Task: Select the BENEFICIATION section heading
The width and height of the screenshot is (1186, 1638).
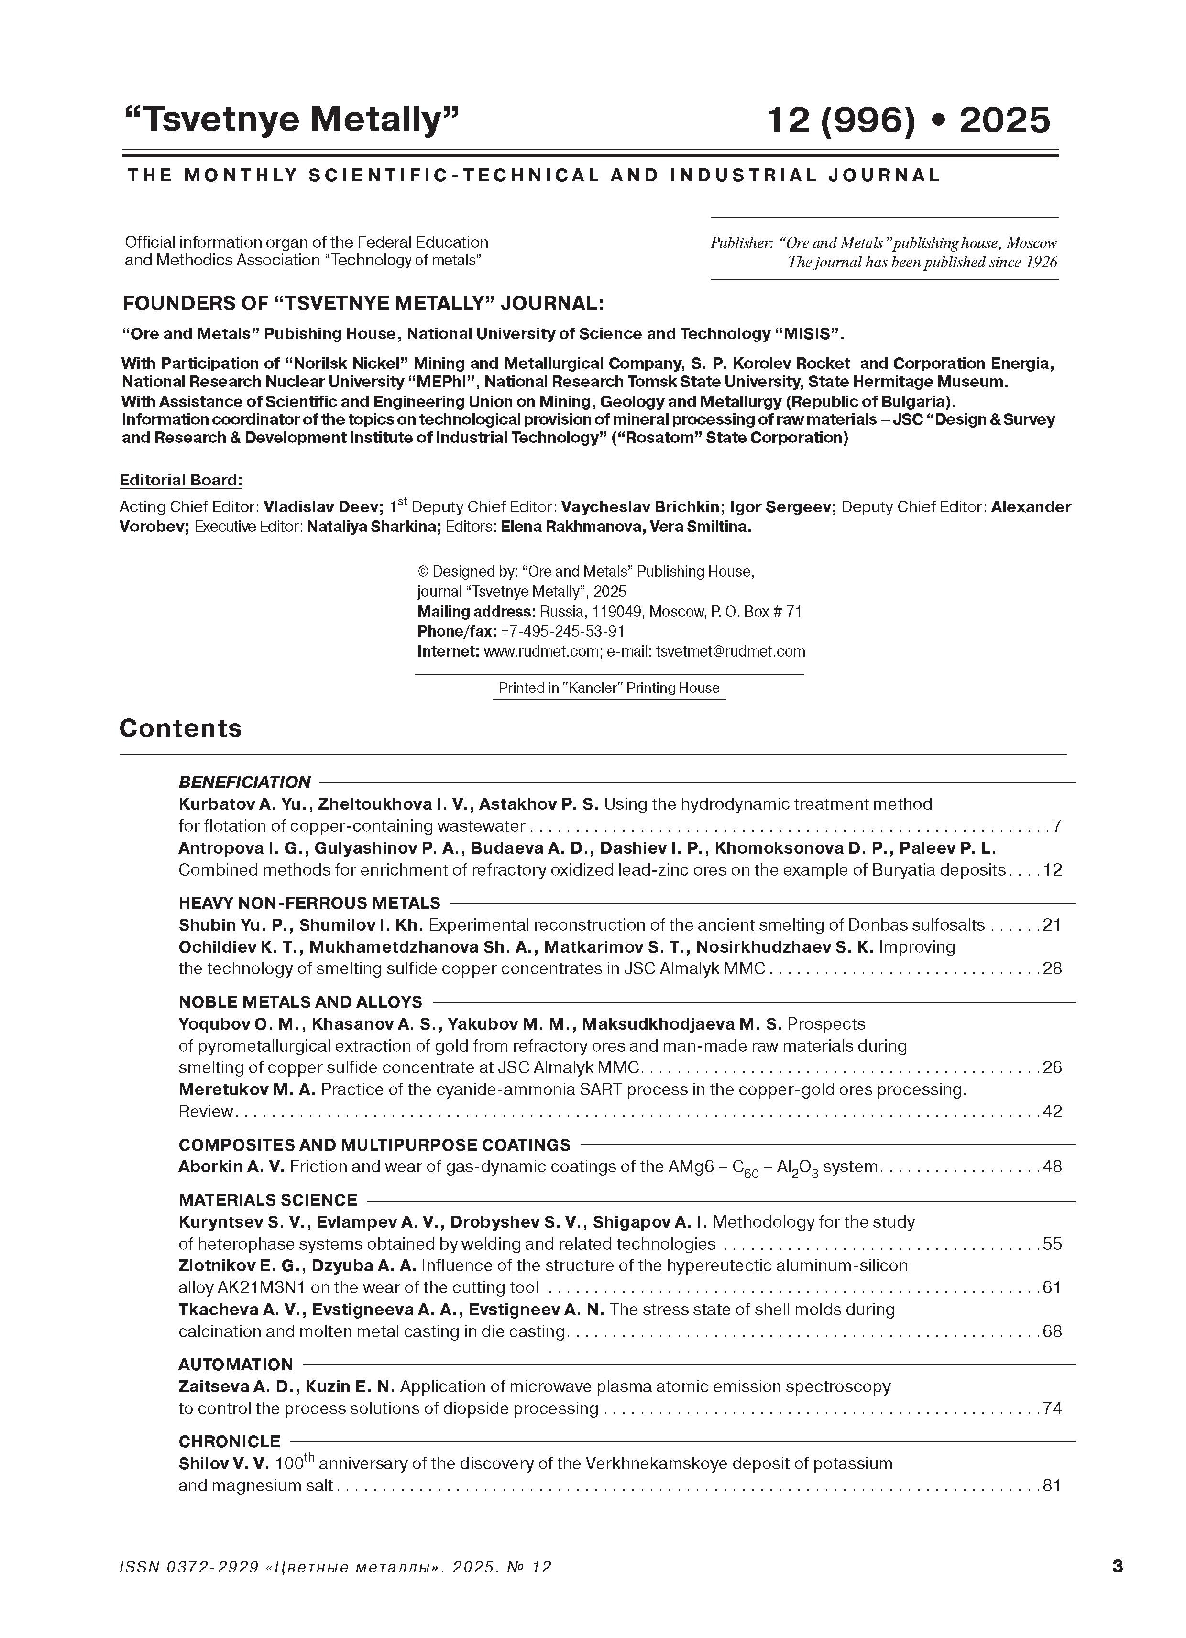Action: coord(244,781)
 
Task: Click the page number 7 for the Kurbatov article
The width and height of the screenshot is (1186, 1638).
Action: coord(1057,825)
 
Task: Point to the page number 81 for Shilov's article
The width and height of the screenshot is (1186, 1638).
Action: coord(1052,1485)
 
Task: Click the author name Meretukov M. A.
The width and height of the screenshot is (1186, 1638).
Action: coord(246,1089)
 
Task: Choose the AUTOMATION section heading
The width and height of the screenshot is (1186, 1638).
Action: coord(235,1364)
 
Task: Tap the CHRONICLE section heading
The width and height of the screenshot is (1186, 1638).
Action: coord(229,1441)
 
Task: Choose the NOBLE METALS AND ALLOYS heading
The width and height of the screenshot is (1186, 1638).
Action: coord(300,1002)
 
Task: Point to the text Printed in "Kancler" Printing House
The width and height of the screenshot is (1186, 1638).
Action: coord(609,688)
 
